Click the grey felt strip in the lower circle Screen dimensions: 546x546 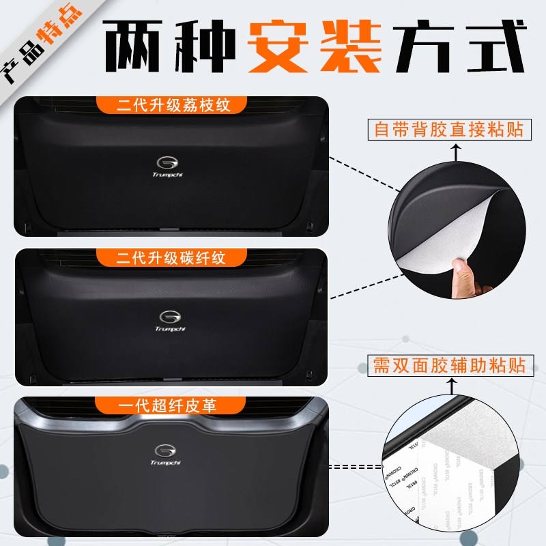click(478, 437)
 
